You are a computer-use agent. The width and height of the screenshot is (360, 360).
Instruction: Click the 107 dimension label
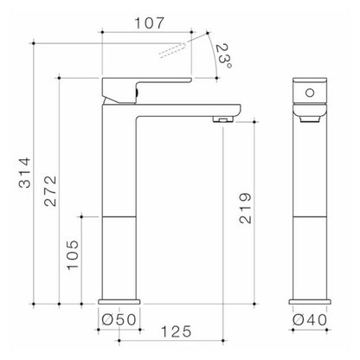pos(150,23)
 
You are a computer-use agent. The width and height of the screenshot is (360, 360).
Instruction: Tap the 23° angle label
pos(224,56)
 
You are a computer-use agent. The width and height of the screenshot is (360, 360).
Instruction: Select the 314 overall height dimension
pos(25,172)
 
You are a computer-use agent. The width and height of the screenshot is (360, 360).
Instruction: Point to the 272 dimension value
pos(50,190)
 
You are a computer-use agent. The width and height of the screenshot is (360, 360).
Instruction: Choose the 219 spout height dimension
pos(246,209)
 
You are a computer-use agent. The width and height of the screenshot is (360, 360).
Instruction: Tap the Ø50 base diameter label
pos(119,319)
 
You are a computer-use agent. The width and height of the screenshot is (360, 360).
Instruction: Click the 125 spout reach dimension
pos(176,331)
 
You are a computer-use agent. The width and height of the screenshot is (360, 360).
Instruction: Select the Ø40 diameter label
pos(310,319)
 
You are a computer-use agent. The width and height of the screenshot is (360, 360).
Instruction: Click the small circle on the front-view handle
pos(310,93)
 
